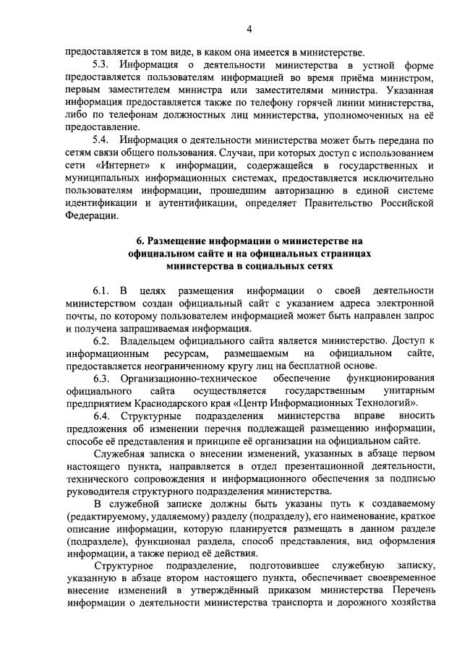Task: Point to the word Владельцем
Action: [x=153, y=340]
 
